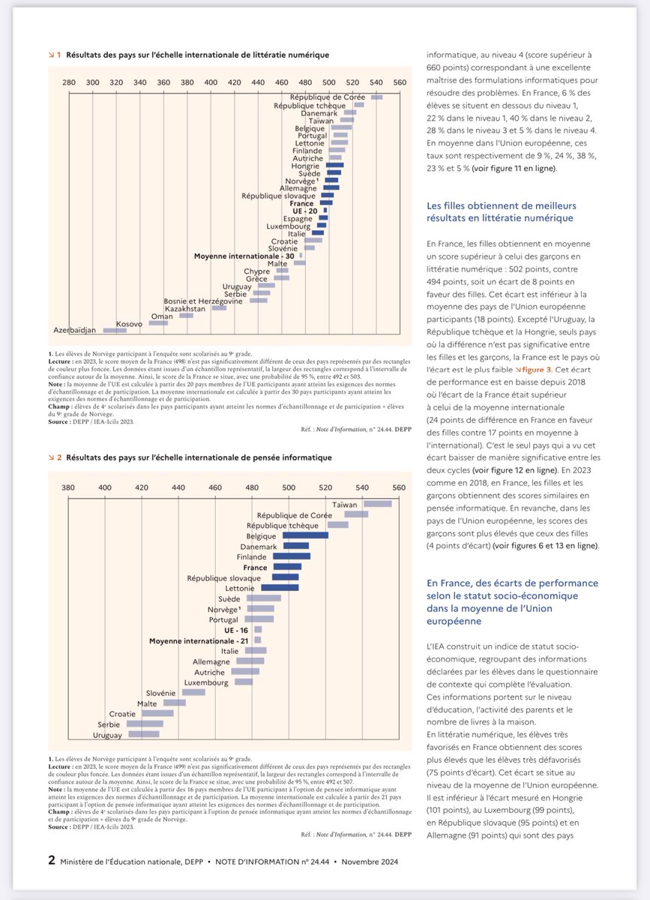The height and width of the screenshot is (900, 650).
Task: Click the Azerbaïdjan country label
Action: (76, 330)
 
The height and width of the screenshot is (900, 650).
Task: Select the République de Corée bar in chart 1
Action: (376, 97)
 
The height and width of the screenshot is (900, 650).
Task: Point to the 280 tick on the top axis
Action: (69, 82)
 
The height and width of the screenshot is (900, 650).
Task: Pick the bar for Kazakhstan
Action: (219, 307)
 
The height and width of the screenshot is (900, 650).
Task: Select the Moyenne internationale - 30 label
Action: (244, 256)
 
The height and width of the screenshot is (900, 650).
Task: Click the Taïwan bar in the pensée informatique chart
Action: (378, 504)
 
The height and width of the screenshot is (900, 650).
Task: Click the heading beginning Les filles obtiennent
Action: (501, 211)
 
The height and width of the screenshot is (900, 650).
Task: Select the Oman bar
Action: (185, 315)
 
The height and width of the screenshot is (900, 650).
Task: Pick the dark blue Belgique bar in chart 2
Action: (305, 535)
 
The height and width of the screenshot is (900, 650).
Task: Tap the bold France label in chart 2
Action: (255, 568)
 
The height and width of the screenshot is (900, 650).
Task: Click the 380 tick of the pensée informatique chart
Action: (68, 487)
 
